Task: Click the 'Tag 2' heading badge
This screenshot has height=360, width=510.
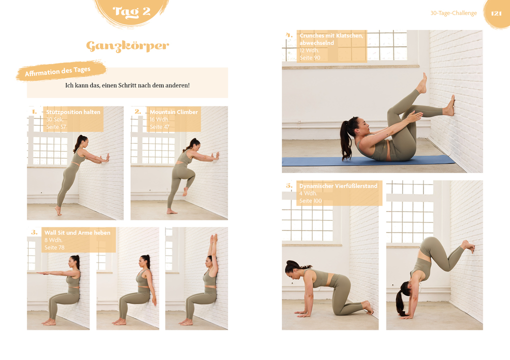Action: point(131,11)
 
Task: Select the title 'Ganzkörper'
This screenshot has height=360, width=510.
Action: point(127,46)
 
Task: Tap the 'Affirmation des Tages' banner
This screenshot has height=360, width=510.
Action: point(58,71)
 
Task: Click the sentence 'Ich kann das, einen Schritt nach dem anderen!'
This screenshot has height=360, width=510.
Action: point(127,85)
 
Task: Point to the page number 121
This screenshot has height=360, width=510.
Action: point(496,13)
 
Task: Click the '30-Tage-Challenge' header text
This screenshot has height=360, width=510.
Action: point(453,13)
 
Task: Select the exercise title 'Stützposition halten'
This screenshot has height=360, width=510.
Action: point(73,112)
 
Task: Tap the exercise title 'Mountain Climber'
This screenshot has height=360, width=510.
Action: point(173,112)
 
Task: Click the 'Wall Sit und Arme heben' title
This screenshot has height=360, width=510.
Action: point(77,232)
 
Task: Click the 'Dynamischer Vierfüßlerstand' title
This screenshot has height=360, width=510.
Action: point(338,186)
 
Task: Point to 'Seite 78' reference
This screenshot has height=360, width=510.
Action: point(54,247)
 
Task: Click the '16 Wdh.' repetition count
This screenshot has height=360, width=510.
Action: point(159,119)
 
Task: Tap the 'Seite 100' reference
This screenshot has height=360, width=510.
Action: point(310,201)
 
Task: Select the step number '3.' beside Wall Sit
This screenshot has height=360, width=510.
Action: point(34,232)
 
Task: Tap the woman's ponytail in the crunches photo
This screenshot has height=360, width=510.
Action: point(345,140)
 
